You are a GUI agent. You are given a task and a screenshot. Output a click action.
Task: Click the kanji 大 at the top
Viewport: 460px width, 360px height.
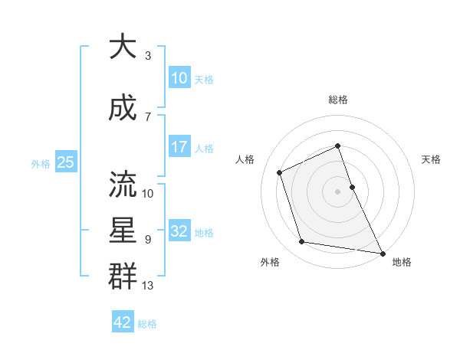123,47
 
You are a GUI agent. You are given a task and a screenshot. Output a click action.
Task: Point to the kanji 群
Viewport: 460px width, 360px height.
123,277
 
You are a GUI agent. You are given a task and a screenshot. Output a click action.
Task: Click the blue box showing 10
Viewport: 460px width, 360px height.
179,78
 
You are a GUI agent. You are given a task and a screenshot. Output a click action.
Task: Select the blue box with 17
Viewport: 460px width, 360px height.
179,147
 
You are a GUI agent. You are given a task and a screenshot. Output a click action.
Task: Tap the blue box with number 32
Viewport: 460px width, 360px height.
179,231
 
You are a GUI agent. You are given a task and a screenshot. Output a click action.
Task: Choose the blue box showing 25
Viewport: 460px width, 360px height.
65,162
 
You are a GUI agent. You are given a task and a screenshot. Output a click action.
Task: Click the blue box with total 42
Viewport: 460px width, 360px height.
123,322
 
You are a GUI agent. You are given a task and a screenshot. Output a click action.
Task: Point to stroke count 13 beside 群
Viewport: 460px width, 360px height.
149,286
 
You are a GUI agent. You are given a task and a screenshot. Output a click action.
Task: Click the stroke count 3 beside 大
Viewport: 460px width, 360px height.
147,55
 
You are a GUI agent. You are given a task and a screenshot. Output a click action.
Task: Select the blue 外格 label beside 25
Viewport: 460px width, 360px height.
41,163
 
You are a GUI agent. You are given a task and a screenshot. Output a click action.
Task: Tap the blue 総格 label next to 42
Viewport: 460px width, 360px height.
147,323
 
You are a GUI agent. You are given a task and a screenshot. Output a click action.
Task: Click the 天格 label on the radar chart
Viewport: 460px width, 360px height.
431,159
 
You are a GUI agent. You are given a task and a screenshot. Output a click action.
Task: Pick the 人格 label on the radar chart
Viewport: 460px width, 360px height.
245,159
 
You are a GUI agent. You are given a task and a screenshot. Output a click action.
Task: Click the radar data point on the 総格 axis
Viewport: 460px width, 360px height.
337,146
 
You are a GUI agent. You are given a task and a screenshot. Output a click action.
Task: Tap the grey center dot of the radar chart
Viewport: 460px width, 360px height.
337,191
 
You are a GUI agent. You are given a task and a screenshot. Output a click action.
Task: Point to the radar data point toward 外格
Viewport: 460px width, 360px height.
302,242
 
